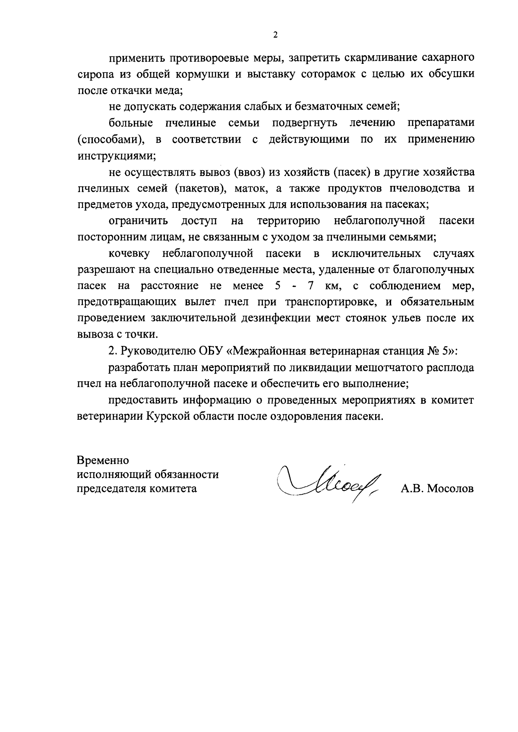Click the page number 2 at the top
pyautogui.click(x=275, y=35)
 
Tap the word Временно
pyautogui.click(x=103, y=460)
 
